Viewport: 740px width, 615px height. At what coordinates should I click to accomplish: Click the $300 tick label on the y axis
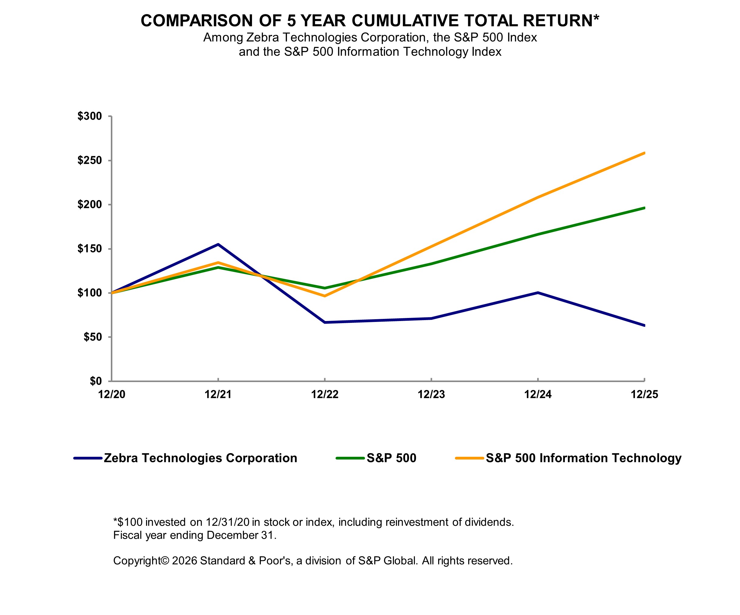[x=90, y=116]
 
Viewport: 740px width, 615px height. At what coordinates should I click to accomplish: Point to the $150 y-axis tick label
[x=90, y=249]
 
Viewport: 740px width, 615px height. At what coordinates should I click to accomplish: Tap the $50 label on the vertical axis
[x=92, y=337]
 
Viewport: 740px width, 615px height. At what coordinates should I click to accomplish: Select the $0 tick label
[x=95, y=381]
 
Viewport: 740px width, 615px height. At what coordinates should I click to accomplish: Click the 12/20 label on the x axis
[x=112, y=395]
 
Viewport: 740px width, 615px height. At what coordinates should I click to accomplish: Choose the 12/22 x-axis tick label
[x=325, y=395]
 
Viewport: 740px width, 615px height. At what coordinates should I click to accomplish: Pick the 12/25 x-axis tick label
[x=644, y=395]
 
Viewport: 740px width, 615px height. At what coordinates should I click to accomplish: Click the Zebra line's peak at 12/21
[x=218, y=244]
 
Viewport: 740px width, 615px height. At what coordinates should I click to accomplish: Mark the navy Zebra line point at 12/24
[x=538, y=292]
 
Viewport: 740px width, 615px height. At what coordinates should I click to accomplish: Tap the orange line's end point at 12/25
[x=644, y=153]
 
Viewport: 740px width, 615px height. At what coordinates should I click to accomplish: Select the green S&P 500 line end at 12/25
[x=644, y=208]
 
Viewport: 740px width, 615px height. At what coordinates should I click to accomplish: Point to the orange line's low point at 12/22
[x=325, y=296]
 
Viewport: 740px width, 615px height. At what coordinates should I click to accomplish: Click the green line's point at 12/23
[x=431, y=264]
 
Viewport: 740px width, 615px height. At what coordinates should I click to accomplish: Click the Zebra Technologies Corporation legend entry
[x=200, y=458]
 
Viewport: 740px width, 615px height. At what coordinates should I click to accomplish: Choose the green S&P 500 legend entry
[x=391, y=458]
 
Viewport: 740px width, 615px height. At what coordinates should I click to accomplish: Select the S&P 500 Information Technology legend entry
[x=583, y=458]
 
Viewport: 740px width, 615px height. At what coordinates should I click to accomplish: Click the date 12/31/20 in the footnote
[x=228, y=522]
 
